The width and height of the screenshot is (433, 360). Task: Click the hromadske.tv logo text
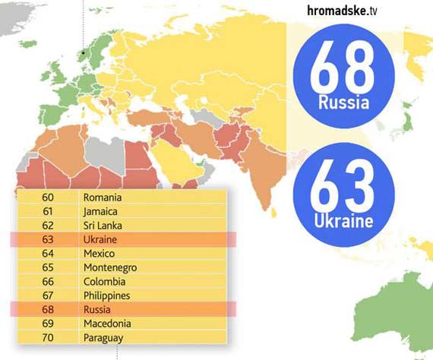tap(354, 10)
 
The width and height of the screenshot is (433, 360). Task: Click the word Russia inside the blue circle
tap(344, 103)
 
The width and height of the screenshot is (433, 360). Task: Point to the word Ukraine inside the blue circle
tap(344, 221)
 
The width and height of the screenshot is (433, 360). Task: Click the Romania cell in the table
tap(103, 197)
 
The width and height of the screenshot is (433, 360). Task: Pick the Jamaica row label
tap(101, 211)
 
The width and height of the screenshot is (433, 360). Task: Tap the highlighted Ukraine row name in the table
tap(100, 239)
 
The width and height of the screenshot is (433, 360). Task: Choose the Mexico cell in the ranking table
tap(100, 253)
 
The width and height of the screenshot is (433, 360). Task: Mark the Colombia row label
tap(103, 281)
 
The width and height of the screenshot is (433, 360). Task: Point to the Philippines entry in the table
tap(107, 295)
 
